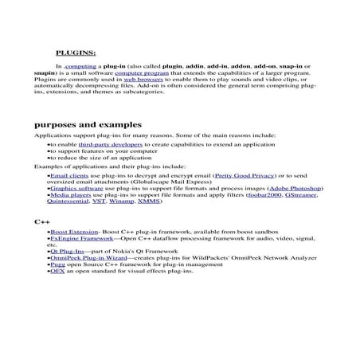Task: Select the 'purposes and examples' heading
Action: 88,125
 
